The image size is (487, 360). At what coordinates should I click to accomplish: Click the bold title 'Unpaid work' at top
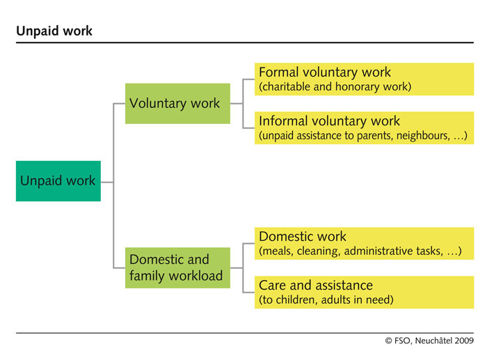(54, 31)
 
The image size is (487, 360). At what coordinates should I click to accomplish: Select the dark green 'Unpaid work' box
(58, 181)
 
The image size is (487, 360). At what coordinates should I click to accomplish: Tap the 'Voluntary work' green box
(177, 104)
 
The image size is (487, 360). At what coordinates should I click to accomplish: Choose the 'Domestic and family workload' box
(177, 267)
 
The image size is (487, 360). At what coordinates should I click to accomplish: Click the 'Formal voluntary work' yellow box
(365, 79)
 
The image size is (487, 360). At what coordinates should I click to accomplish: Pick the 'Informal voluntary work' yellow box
(365, 127)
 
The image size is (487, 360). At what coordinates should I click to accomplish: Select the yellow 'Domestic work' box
(365, 244)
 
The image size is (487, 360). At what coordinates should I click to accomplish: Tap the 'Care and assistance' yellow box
(365, 292)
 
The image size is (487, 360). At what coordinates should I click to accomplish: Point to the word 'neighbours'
(423, 136)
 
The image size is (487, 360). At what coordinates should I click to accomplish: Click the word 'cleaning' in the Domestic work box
(318, 251)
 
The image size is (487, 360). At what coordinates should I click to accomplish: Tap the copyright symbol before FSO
(388, 341)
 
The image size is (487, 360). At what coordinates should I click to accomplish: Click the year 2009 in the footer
(464, 341)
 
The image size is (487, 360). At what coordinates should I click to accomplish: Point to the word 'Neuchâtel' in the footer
(433, 341)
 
